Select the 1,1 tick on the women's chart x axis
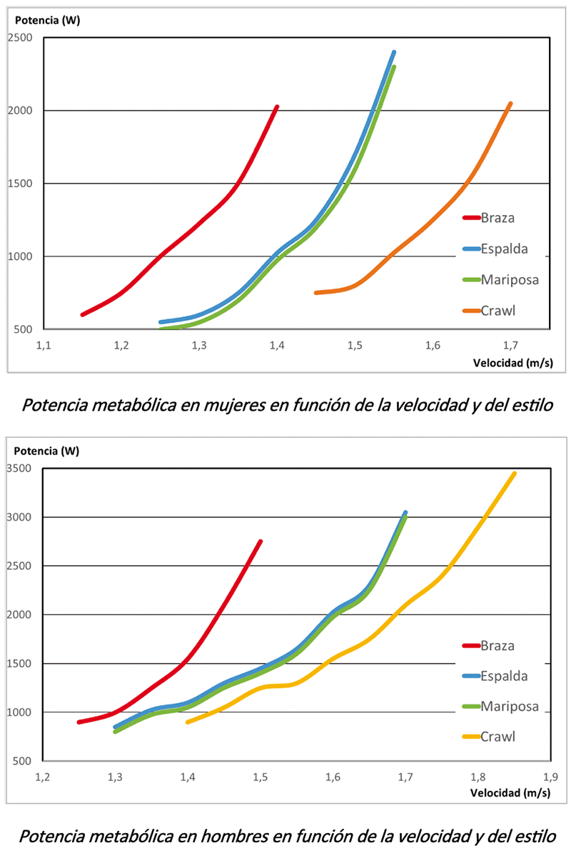[44, 346]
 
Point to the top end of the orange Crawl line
[510, 104]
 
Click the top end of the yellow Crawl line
[515, 473]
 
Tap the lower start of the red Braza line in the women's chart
[83, 314]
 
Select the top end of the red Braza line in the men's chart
[261, 542]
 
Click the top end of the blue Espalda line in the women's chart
[394, 52]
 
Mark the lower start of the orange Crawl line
[315, 293]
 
